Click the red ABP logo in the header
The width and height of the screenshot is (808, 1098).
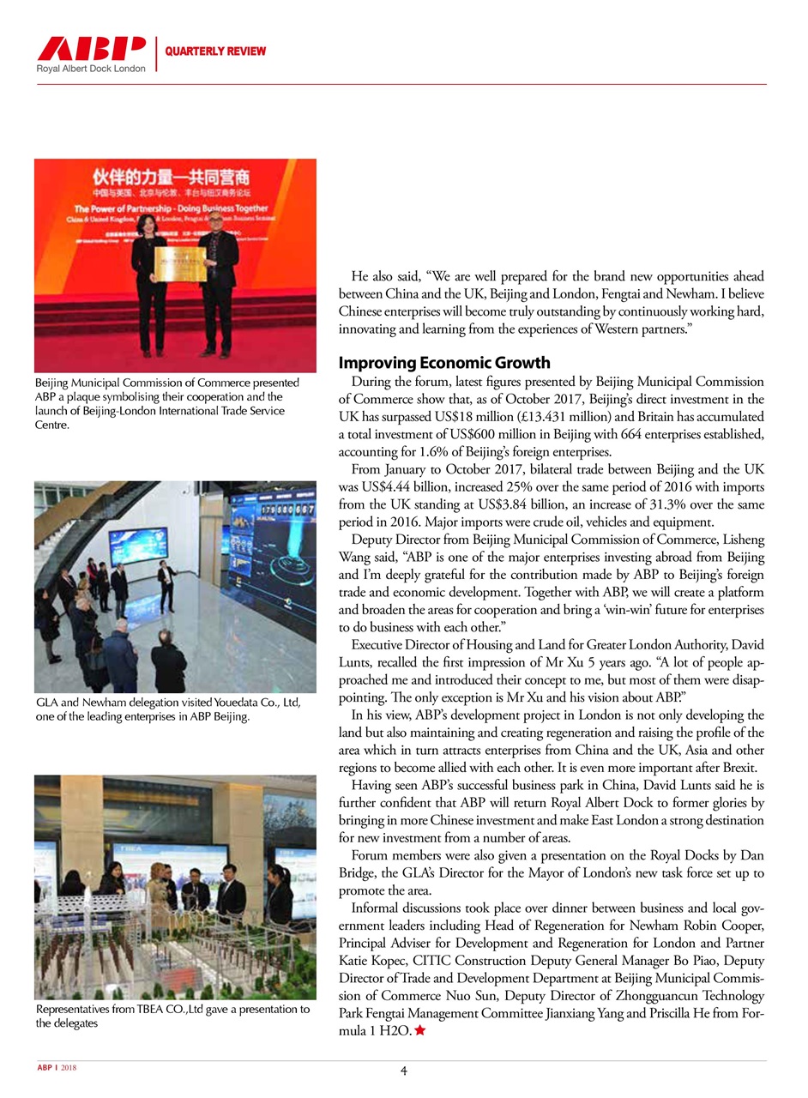(91, 48)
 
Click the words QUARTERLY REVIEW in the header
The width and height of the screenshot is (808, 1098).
(215, 51)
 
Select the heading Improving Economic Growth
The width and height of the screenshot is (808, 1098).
(444, 362)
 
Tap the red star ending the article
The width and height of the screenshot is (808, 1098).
(420, 1030)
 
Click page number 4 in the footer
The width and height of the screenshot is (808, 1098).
(403, 1071)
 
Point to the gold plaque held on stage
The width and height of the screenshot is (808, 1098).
(179, 265)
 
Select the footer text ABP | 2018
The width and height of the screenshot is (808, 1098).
(57, 1068)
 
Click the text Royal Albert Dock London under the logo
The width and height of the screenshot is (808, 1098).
(91, 69)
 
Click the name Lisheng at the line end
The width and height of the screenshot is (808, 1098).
(739, 540)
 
